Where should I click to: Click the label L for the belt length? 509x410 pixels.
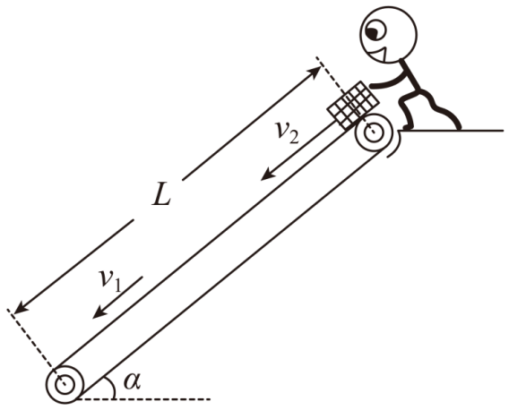(x=161, y=197)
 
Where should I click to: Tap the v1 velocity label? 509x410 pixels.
(x=110, y=280)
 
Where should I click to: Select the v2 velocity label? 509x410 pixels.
(x=287, y=132)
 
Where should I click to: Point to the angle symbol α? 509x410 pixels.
(x=132, y=381)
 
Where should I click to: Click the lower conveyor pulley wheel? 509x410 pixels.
(x=65, y=385)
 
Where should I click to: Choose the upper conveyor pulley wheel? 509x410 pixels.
(x=374, y=132)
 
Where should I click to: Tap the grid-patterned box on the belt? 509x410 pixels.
(x=353, y=105)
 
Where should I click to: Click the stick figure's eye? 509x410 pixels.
(x=375, y=30)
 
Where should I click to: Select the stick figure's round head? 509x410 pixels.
(x=388, y=34)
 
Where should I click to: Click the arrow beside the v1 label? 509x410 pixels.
(x=117, y=297)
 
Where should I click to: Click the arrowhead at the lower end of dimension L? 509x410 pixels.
(x=20, y=308)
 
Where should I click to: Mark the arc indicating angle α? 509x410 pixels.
(x=112, y=386)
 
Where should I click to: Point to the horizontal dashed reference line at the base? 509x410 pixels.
(x=143, y=399)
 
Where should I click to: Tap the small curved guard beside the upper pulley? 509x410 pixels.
(x=396, y=145)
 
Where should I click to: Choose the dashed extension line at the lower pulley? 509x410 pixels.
(x=36, y=347)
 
